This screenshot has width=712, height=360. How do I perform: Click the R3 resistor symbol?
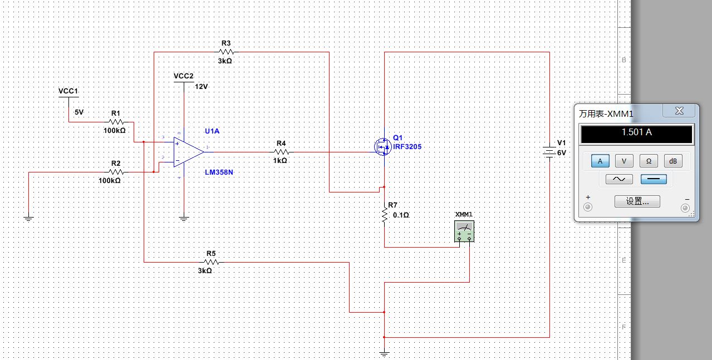227,52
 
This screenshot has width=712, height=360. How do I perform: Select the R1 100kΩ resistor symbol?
116,122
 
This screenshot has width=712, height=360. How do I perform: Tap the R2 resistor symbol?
116,172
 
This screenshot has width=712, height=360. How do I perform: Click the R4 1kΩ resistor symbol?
281,152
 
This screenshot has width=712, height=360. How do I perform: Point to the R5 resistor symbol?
212,262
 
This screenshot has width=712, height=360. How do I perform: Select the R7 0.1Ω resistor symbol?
385,215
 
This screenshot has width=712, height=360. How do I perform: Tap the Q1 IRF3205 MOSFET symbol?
382,147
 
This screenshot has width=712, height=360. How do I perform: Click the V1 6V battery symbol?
549,152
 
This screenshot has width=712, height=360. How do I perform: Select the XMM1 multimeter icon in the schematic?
464,231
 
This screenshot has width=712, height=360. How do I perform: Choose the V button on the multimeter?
624,161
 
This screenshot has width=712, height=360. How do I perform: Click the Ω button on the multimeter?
649,161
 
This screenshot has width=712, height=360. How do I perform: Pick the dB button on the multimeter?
673,161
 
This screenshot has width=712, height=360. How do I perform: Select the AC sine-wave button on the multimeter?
619,179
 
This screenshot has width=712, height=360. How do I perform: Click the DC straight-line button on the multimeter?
654,179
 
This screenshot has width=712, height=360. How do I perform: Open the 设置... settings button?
637,201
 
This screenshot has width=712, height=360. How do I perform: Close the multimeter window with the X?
679,111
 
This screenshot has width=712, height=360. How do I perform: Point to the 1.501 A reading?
637,132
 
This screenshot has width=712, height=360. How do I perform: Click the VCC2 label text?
183,76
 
